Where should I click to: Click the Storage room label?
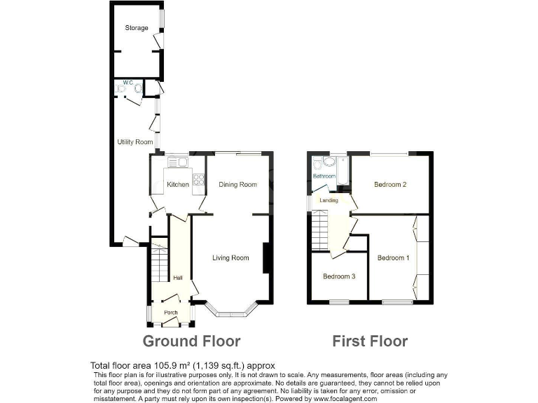pyautogui.click(x=137, y=28)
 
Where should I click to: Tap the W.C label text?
pyautogui.click(x=127, y=83)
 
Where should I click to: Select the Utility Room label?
pyautogui.click(x=134, y=142)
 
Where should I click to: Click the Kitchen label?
pyautogui.click(x=177, y=185)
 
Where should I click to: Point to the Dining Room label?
pyautogui.click(x=238, y=185)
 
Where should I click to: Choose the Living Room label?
pyautogui.click(x=230, y=258)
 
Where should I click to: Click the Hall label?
pyautogui.click(x=178, y=278)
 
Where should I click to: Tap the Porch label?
pyautogui.click(x=170, y=313)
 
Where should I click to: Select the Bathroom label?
pyautogui.click(x=324, y=176)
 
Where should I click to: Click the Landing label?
pyautogui.click(x=329, y=201)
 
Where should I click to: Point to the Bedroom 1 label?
pyautogui.click(x=393, y=258)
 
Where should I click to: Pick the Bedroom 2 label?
pyautogui.click(x=390, y=185)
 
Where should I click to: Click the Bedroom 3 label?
pyautogui.click(x=339, y=276)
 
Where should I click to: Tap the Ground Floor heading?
pyautogui.click(x=191, y=341)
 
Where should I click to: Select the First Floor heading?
pyautogui.click(x=369, y=341)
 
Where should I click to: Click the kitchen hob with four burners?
pyautogui.click(x=199, y=180)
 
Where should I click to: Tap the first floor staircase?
pyautogui.click(x=319, y=230)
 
